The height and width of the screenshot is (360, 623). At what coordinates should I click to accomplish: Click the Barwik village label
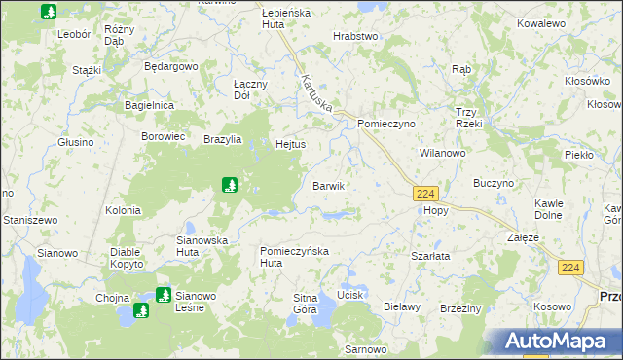(328, 186)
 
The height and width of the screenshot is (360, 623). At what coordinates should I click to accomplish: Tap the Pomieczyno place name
(386, 125)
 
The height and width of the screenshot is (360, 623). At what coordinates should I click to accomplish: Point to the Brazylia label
(224, 139)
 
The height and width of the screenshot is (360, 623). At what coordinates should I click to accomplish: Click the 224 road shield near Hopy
(424, 194)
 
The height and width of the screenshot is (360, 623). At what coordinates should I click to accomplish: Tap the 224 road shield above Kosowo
(571, 268)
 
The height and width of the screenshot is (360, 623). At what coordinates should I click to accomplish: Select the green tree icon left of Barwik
(228, 184)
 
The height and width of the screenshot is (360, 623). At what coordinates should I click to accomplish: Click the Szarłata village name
(429, 256)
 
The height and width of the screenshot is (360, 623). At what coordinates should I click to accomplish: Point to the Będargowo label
(170, 67)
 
